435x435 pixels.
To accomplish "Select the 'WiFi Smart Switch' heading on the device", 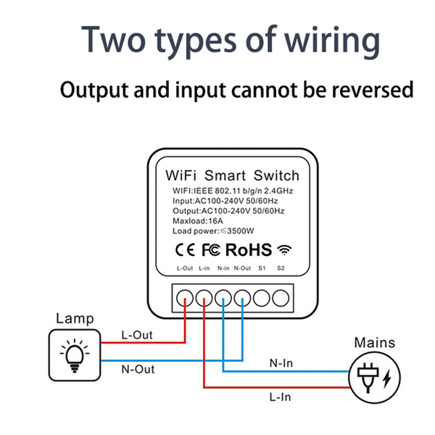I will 232,175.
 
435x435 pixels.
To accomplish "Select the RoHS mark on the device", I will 249,250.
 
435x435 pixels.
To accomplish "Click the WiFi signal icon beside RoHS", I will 284,250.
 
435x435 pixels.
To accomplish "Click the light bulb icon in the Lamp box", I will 74,353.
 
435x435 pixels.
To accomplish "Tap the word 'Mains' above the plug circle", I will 375,342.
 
